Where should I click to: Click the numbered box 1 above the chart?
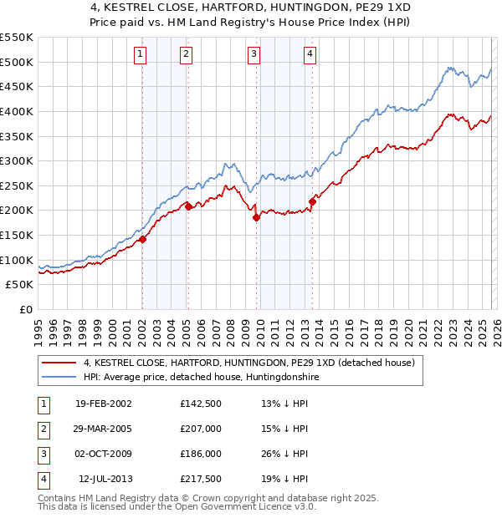click(140, 54)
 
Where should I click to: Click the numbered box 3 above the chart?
click(254, 54)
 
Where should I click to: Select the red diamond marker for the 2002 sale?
click(142, 239)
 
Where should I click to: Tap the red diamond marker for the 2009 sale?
click(256, 217)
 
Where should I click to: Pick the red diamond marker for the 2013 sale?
click(312, 201)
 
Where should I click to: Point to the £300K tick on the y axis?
click(17, 160)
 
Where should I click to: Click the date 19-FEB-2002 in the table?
click(103, 404)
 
